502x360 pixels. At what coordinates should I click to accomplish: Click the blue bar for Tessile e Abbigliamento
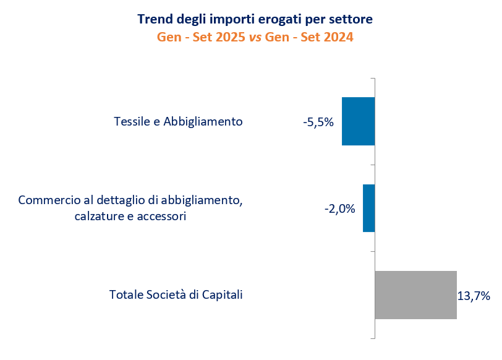point(358,121)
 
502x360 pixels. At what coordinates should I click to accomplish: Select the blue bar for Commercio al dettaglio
point(368,208)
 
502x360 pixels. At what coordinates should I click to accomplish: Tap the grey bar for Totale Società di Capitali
point(415,295)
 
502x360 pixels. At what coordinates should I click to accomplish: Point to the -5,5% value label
point(318,122)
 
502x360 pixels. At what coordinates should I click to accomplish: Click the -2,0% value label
point(339,209)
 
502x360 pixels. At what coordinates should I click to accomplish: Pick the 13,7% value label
point(474,296)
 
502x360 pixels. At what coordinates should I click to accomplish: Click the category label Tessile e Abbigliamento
point(178,121)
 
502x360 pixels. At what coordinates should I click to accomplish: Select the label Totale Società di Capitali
point(176,294)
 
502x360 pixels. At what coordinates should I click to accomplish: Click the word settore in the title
point(352,19)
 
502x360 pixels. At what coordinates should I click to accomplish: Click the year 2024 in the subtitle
point(336,37)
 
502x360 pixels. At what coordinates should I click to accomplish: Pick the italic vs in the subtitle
point(254,37)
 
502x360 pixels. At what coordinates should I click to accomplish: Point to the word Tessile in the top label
point(132,121)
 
